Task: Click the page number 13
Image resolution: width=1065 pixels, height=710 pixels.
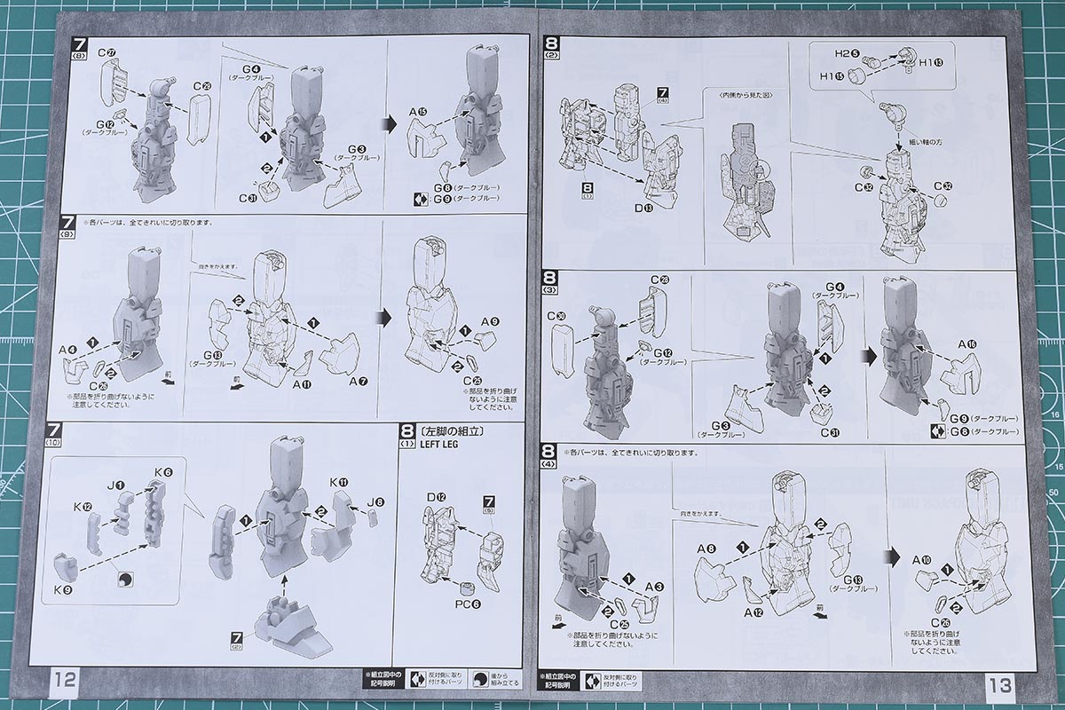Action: pyautogui.click(x=998, y=684)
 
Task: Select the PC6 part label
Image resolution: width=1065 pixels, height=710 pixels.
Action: pyautogui.click(x=469, y=604)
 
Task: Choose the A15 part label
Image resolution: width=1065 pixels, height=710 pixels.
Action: pyautogui.click(x=418, y=112)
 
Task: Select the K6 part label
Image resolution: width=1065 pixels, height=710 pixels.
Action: pyautogui.click(x=162, y=472)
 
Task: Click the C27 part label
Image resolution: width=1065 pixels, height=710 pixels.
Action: pyautogui.click(x=107, y=53)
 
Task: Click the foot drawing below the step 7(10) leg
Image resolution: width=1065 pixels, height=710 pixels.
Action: pyautogui.click(x=286, y=623)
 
